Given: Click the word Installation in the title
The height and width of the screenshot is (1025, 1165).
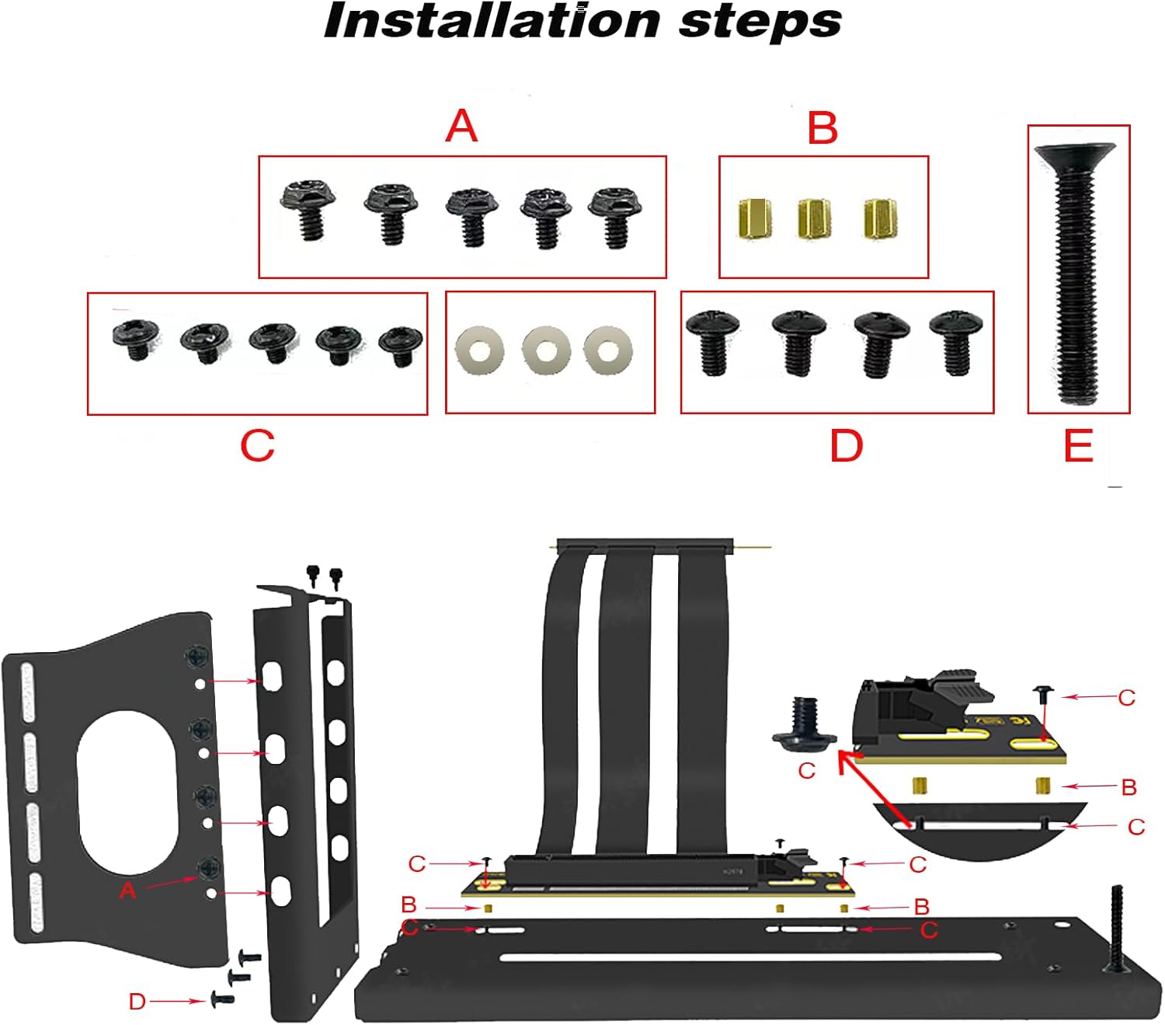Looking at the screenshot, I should (491, 21).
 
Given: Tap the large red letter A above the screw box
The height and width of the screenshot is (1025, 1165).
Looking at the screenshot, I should (461, 126).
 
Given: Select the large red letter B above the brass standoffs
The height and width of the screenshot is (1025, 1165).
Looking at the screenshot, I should (822, 128).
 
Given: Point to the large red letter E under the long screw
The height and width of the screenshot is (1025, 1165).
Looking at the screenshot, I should (1079, 446).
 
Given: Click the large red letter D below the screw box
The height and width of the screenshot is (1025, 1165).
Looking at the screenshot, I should (846, 446).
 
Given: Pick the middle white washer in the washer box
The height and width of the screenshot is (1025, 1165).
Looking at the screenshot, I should (546, 350).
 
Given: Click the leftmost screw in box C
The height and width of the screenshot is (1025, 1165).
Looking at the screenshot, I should (136, 337).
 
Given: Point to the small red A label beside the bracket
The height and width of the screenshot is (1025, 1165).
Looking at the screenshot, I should (128, 891).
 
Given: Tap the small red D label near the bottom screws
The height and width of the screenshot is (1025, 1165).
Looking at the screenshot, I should (137, 1002).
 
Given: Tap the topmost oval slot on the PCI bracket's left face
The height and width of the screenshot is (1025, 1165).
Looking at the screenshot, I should (272, 676).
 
